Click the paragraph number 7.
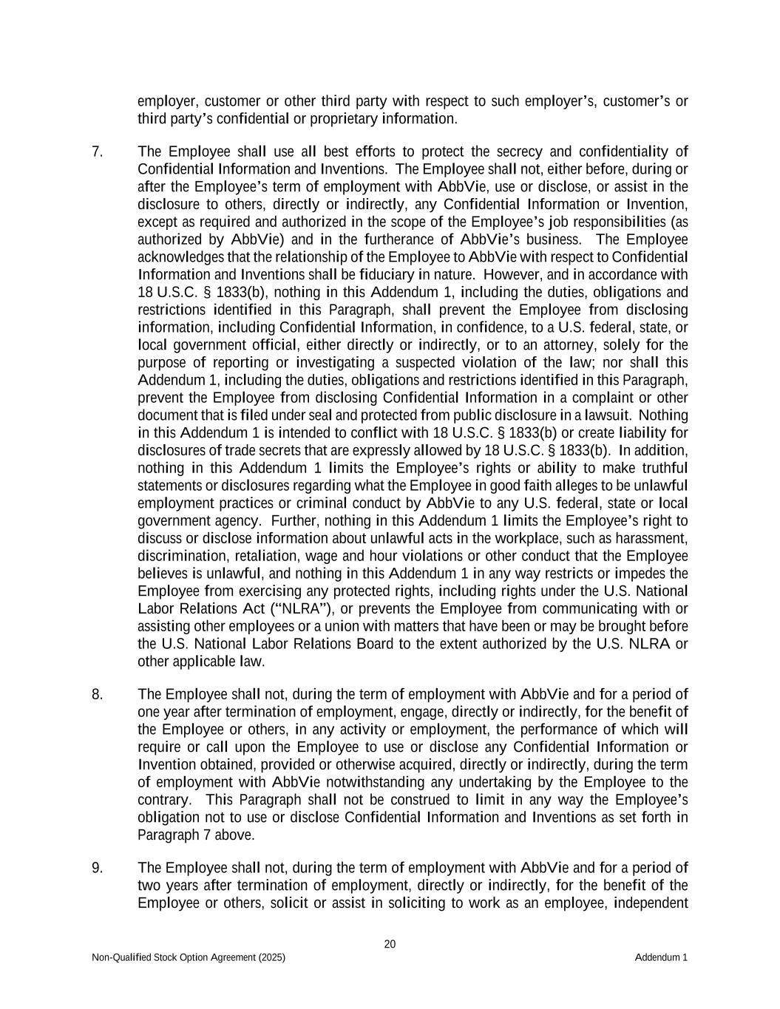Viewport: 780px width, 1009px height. pyautogui.click(x=97, y=152)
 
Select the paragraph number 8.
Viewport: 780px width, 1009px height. pyautogui.click(x=97, y=694)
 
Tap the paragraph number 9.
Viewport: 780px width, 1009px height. pyautogui.click(x=97, y=868)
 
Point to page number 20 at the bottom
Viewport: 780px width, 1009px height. pyautogui.click(x=390, y=944)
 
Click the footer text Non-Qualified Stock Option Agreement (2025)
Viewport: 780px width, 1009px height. pyautogui.click(x=189, y=958)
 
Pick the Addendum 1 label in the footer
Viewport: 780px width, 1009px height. pyautogui.click(x=661, y=958)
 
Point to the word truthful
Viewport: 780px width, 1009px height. pyautogui.click(x=662, y=468)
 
